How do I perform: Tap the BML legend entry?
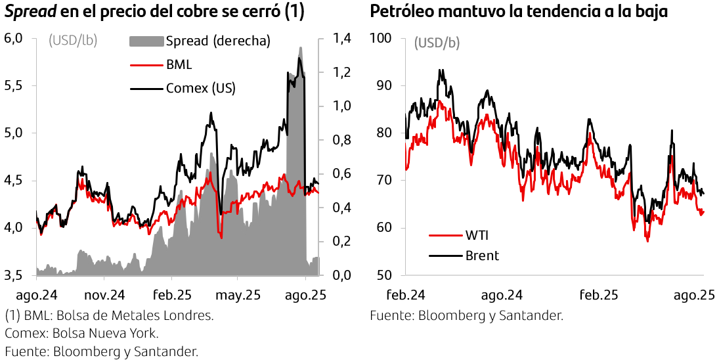click(x=179, y=65)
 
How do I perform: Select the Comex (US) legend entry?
click(x=200, y=88)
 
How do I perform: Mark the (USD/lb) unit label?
click(x=73, y=41)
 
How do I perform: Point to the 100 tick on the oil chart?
click(x=382, y=39)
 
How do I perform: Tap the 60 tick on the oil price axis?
click(x=385, y=228)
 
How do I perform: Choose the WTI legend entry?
click(x=477, y=235)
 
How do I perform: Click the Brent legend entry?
click(x=481, y=256)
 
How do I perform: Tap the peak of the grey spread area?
click(x=300, y=48)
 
